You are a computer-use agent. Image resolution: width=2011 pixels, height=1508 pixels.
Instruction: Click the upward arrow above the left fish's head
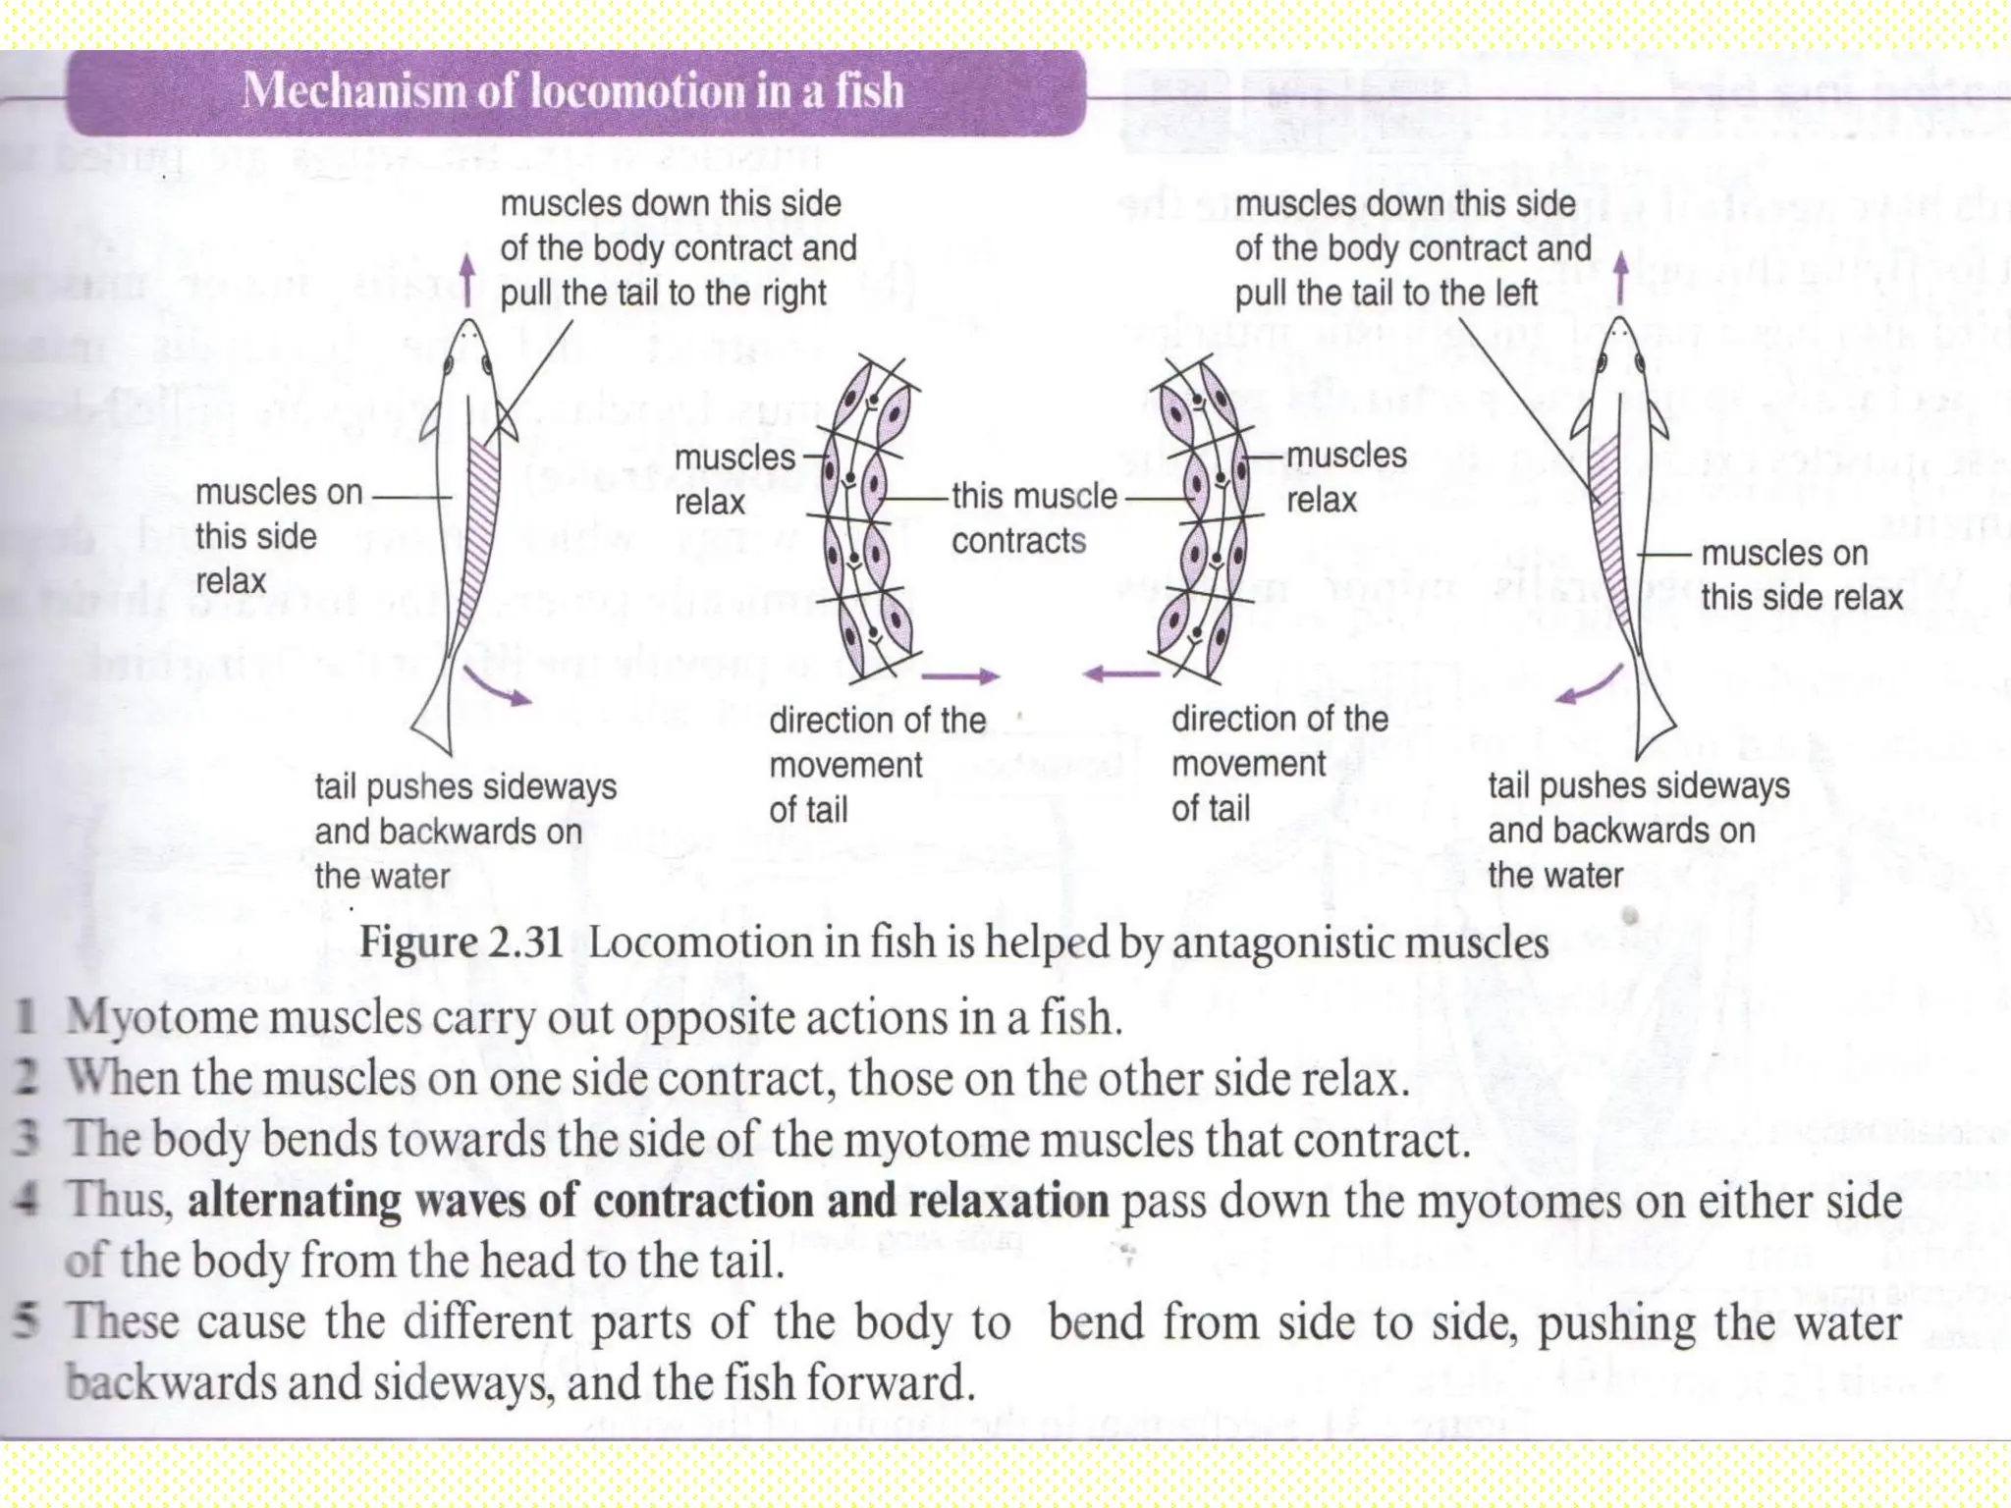468,279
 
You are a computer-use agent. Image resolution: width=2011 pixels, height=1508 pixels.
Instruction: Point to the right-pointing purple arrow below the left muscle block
959,675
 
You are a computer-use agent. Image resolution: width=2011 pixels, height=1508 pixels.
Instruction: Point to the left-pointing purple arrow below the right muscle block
1120,673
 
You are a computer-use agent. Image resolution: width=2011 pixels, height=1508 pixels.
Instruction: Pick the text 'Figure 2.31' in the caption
461,942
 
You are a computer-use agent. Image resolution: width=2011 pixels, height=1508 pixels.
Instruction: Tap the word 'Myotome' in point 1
161,1017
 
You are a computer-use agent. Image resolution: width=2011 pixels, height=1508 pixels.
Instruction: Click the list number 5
27,1321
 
